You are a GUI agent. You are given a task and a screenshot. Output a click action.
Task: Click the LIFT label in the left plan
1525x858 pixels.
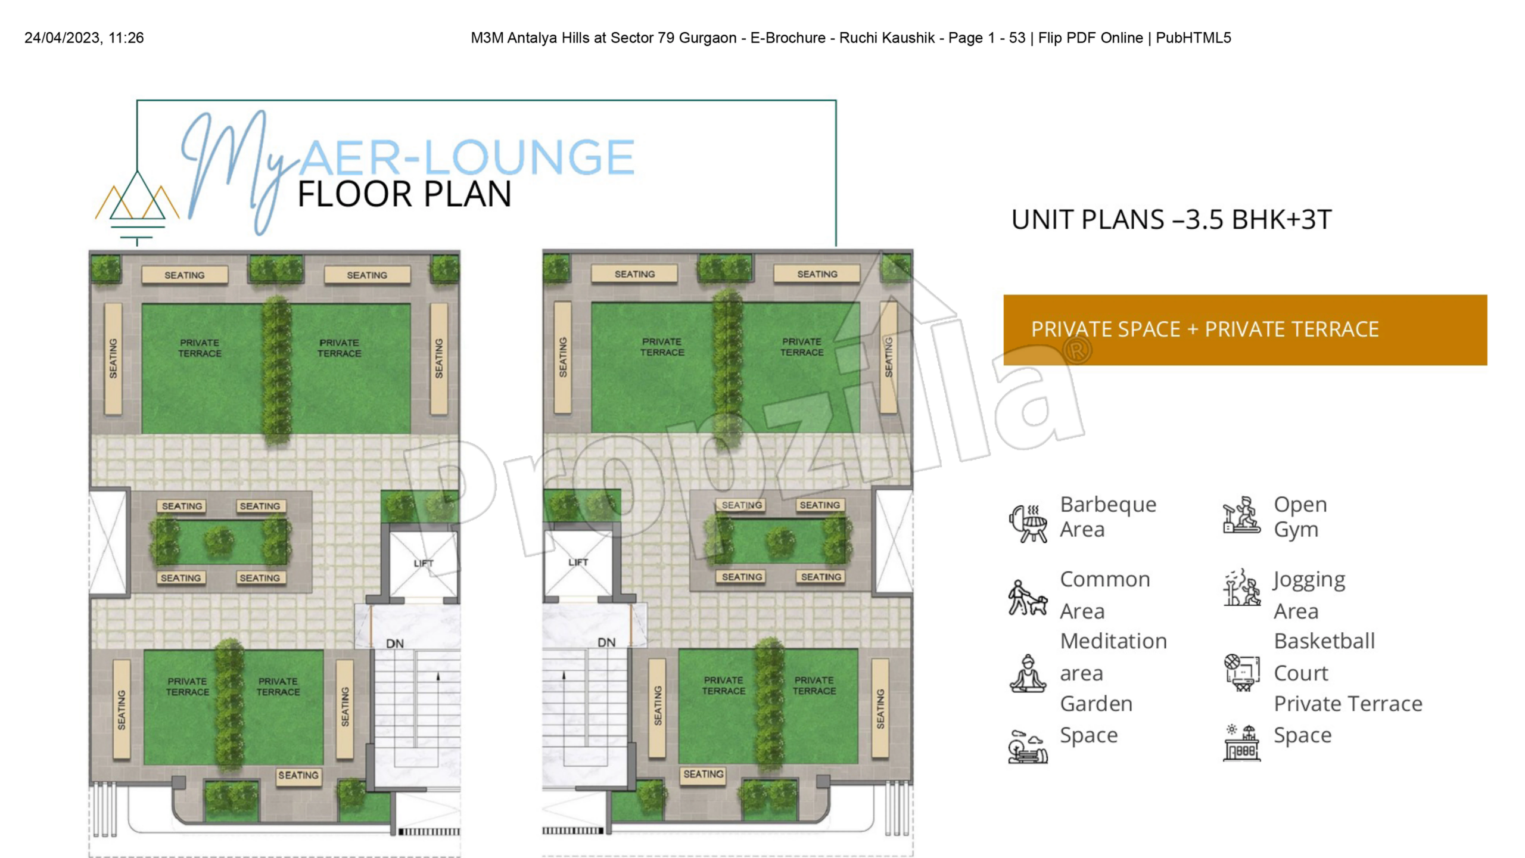424,563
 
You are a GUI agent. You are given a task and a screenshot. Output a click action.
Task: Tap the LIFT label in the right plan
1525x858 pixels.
578,562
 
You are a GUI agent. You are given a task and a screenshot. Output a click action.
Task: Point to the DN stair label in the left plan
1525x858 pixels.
395,643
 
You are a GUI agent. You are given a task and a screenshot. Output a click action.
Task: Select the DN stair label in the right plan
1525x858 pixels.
606,642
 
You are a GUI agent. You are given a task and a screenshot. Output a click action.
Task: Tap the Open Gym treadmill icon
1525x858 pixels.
1241,515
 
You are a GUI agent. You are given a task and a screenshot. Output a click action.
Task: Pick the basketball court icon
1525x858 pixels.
1242,673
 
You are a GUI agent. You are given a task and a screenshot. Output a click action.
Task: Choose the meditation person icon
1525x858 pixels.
1028,673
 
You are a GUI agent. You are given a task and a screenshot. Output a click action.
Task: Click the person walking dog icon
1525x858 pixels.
1028,598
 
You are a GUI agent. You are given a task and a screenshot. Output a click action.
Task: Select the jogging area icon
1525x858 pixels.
1242,587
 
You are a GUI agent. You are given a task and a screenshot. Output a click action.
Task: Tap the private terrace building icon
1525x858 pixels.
1242,743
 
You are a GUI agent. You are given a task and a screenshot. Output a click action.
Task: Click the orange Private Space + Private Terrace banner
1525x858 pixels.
1245,329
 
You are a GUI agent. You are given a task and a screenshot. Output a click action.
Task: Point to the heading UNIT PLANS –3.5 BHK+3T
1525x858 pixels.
1171,219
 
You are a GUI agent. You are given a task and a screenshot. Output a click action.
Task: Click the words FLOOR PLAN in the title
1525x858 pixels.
404,194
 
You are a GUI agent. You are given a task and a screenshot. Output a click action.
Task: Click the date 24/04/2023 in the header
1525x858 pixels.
62,38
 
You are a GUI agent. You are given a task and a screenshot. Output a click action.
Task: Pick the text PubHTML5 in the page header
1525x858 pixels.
1193,38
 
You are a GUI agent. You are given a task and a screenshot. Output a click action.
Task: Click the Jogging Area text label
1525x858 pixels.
1309,595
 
